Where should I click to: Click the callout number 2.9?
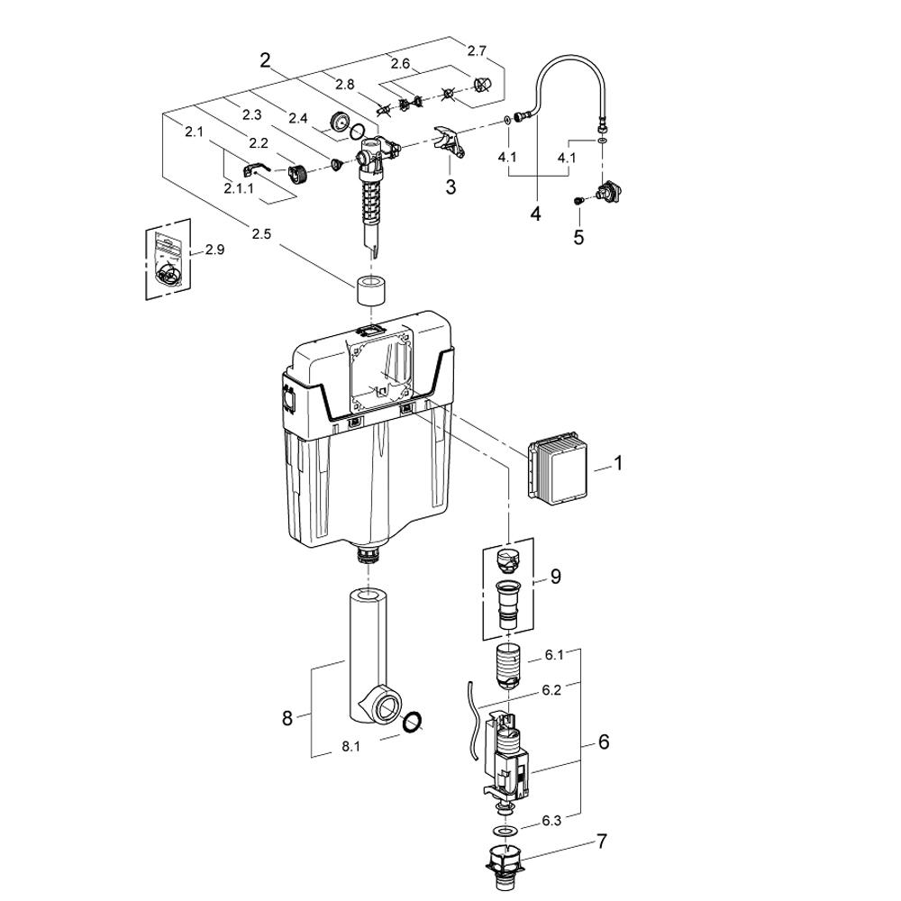[215, 250]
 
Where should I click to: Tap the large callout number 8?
[287, 718]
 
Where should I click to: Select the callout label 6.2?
[551, 689]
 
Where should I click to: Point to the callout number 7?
[602, 842]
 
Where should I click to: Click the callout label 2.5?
[261, 233]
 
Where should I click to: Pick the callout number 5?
[578, 236]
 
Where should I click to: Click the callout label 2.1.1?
[239, 188]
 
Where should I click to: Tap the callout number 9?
[555, 577]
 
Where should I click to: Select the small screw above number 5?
[579, 201]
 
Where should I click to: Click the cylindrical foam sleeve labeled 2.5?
[371, 291]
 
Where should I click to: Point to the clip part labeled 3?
[450, 143]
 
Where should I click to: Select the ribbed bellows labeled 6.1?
[509, 667]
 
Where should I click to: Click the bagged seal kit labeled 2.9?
[168, 259]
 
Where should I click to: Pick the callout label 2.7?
[477, 50]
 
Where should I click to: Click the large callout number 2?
[265, 59]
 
